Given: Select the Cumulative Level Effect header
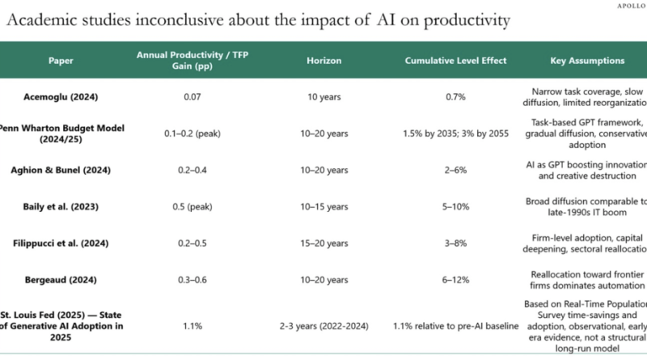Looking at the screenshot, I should [x=457, y=61].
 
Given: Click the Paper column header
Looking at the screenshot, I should [x=60, y=61].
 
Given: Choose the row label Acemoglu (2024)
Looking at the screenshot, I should [x=60, y=97].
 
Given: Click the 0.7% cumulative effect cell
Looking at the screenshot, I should [x=457, y=97].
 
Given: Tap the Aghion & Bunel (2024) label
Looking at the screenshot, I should [x=60, y=171].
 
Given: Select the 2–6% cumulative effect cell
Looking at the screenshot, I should [x=457, y=171].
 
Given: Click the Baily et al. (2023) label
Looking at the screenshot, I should [x=60, y=207].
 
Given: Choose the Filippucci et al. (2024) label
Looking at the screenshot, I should [x=60, y=244].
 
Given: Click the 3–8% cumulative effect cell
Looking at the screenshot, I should [x=457, y=244].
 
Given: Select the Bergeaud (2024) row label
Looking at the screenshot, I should [x=60, y=280].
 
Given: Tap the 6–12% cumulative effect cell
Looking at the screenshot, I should [x=457, y=280].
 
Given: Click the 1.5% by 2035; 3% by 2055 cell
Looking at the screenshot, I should [x=457, y=133].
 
